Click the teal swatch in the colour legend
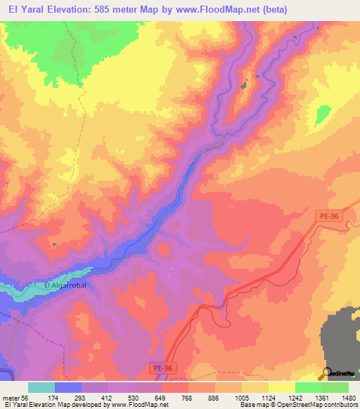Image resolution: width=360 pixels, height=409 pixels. (41, 387)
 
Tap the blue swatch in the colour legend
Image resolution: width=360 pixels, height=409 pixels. (68, 387)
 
